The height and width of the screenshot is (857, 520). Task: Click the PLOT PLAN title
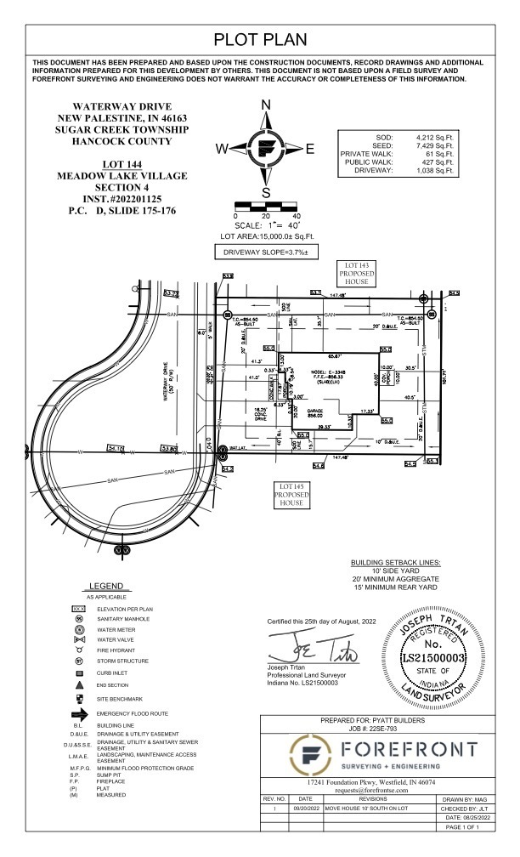pyautogui.click(x=259, y=40)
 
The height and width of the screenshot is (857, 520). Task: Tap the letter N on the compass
pyautogui.click(x=265, y=105)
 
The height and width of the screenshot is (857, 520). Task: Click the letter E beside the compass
pyautogui.click(x=310, y=149)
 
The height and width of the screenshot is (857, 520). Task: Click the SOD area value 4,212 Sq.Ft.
pyautogui.click(x=436, y=137)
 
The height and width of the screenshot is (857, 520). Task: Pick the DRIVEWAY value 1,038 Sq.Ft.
pyautogui.click(x=436, y=171)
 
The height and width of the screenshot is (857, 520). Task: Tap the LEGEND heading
pyautogui.click(x=106, y=587)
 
